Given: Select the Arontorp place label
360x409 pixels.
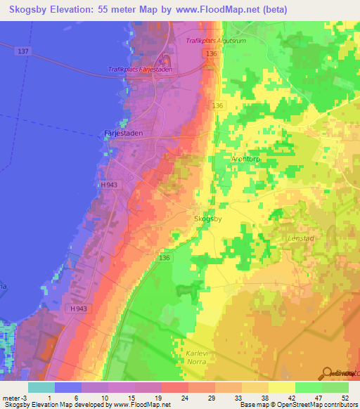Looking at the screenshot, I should [246, 159].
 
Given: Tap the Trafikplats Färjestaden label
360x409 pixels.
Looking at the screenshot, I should [141, 69].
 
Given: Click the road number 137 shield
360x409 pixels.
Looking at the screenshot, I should [23, 51].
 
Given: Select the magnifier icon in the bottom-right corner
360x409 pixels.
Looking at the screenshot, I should [328, 373].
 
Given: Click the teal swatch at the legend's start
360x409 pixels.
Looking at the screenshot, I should [41, 387].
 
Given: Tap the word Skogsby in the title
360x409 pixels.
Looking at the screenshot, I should [33, 9].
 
